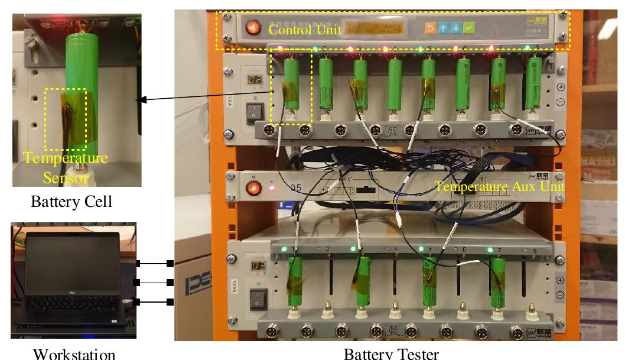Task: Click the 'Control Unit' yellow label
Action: (x=304, y=30)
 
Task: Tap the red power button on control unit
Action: (x=254, y=27)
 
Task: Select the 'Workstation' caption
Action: (x=73, y=353)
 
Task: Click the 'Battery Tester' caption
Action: (x=391, y=353)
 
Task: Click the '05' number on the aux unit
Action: (x=296, y=188)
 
